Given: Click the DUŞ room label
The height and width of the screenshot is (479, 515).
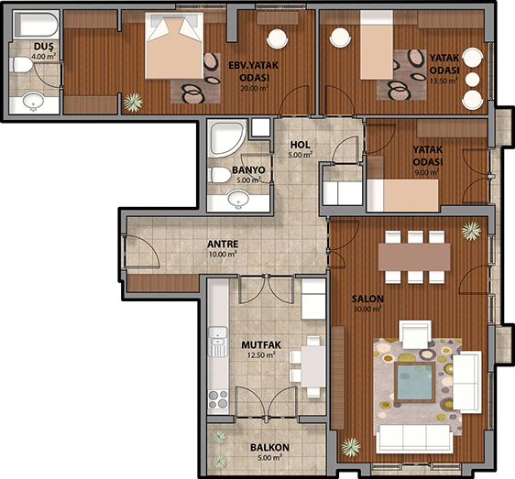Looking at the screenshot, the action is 44,47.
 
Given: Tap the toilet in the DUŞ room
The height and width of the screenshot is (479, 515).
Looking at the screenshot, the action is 21,64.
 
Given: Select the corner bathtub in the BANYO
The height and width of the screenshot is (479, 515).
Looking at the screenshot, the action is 227,138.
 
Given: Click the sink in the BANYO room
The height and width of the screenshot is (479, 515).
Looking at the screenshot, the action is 239,199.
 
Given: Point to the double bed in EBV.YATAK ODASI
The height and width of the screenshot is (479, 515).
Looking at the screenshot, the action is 174,46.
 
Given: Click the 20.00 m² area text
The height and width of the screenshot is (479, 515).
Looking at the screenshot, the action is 254,88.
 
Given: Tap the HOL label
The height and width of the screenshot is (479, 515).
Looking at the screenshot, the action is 301,145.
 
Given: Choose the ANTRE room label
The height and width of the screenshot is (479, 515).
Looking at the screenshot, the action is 223,244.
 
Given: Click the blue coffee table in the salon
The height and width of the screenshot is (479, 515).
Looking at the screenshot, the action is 415,382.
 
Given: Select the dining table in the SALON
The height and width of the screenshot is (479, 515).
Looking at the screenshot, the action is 414,256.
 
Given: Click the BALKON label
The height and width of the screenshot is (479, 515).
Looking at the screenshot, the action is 269,448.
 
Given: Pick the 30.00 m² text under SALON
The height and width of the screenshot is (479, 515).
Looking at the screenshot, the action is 367,309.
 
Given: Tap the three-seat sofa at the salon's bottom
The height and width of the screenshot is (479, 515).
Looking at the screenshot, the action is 414,439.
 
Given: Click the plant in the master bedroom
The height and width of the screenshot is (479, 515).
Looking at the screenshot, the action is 133,102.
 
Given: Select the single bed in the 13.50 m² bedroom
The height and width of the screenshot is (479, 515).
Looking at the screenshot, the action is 377,45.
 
